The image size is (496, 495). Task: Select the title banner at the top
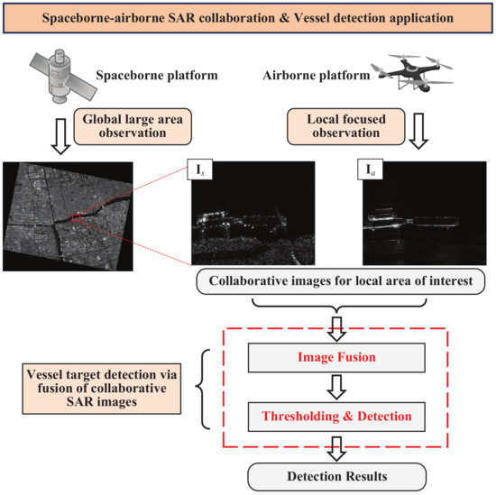point(247,17)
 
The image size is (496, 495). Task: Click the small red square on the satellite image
point(78,217)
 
